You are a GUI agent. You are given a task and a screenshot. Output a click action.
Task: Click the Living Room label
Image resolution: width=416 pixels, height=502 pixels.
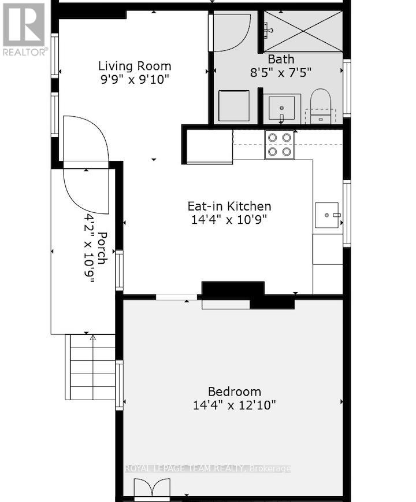pyautogui.click(x=134, y=66)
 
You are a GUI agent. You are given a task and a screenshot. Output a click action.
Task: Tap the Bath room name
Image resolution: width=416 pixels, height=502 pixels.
pyautogui.click(x=281, y=59)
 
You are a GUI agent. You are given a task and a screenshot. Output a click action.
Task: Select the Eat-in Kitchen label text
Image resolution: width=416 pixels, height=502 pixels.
pyautogui.click(x=229, y=206)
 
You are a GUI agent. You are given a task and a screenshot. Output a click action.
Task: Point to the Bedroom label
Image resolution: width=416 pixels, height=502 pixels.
pyautogui.click(x=234, y=392)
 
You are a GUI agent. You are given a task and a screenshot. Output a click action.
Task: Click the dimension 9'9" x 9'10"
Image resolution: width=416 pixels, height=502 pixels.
pyautogui.click(x=134, y=80)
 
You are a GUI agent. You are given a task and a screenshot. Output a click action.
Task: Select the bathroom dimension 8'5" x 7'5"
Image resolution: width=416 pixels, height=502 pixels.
pyautogui.click(x=281, y=73)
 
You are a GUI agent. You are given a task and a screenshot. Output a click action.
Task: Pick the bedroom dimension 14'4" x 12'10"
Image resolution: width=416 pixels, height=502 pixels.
pyautogui.click(x=234, y=405)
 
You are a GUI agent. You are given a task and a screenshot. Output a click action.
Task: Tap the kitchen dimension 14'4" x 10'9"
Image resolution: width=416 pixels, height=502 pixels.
pyautogui.click(x=229, y=220)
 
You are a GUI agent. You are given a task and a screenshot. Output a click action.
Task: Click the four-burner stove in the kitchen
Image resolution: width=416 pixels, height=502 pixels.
pyautogui.click(x=280, y=145)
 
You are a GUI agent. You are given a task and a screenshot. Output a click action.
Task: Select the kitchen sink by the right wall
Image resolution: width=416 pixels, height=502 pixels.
pyautogui.click(x=328, y=215)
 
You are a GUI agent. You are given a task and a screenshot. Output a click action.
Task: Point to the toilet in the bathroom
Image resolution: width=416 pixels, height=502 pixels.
pyautogui.click(x=320, y=106)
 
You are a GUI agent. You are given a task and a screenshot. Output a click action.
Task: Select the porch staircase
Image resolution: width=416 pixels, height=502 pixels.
pyautogui.click(x=93, y=367)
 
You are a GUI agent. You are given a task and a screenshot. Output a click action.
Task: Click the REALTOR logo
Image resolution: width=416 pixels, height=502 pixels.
pyautogui.click(x=24, y=29)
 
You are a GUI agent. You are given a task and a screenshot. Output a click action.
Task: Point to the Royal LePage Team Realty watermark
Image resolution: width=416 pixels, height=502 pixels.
pyautogui.click(x=208, y=468)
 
